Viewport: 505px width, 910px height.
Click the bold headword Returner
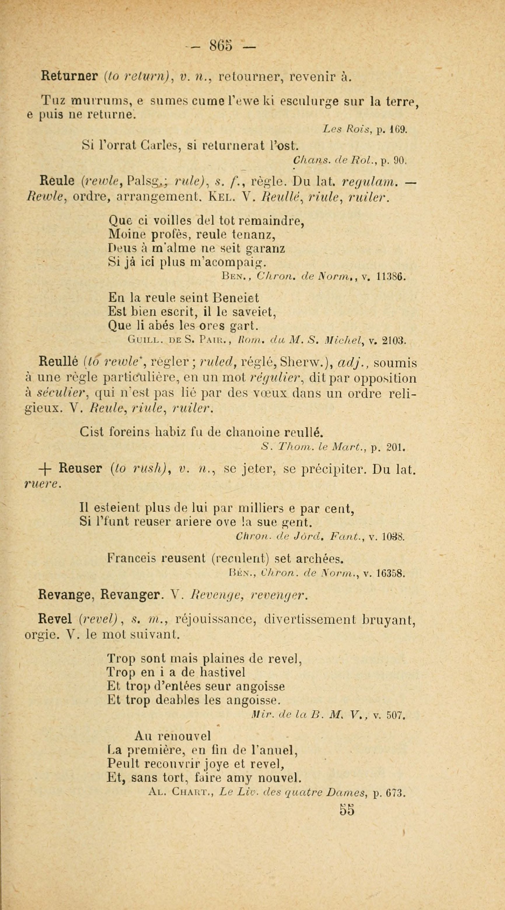tap(69, 76)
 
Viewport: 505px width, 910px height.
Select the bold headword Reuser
tap(81, 469)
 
